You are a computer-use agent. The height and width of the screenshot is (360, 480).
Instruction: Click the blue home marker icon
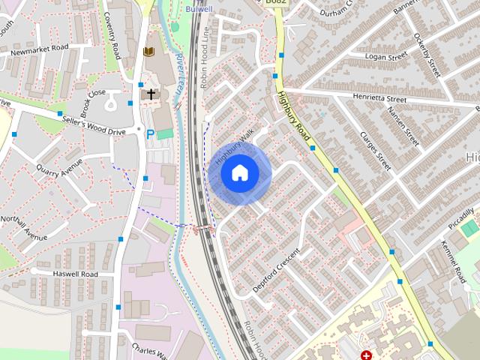pyautogui.click(x=239, y=173)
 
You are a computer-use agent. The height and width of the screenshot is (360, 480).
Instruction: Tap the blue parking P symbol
pyautogui.click(x=150, y=133)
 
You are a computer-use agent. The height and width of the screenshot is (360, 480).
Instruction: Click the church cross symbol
pyautogui.click(x=151, y=94)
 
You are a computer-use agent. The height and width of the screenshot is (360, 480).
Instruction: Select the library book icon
pyautogui.click(x=148, y=52)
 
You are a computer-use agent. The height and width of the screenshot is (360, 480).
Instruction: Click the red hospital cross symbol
pyautogui.click(x=366, y=355)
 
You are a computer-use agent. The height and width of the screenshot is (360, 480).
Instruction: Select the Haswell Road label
pyautogui.click(x=76, y=274)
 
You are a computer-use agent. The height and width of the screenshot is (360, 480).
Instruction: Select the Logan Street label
pyautogui.click(x=385, y=55)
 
